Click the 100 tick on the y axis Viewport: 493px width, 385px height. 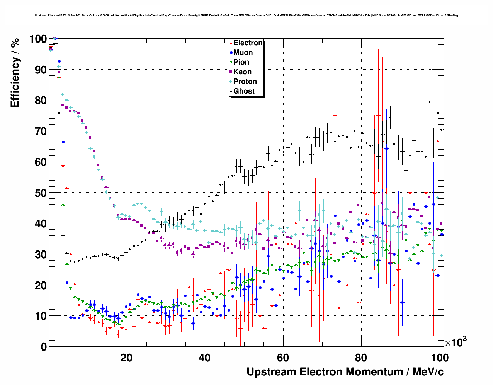[38, 39]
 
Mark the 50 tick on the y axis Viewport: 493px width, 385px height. [41, 193]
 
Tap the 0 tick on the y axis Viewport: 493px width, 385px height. [44, 347]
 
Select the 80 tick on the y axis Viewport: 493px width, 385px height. [41, 101]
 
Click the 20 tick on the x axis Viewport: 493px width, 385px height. [126, 358]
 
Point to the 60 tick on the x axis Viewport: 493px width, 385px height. [283, 358]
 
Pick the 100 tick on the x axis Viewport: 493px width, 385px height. [440, 358]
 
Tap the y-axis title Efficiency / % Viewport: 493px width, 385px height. [15, 73]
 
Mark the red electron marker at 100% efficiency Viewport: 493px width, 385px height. [422, 38]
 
